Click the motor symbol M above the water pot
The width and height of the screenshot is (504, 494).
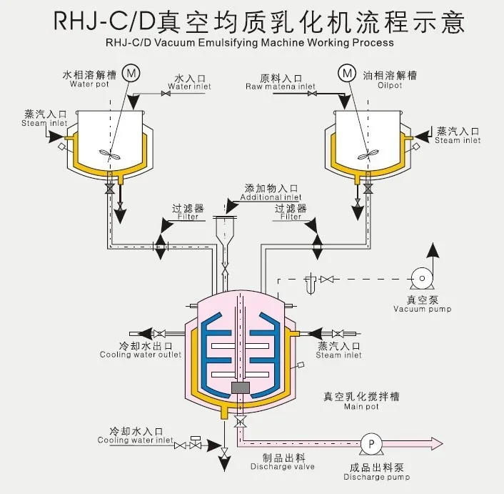tap(131, 72)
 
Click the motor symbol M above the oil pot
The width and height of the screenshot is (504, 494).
tap(348, 72)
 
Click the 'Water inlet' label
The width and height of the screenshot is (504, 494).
tap(190, 87)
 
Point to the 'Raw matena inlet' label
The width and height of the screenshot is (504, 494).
tap(281, 87)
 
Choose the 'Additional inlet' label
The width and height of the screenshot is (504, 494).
tap(271, 197)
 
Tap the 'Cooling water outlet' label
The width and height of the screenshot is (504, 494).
tap(141, 355)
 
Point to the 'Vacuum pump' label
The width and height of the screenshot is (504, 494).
tap(422, 309)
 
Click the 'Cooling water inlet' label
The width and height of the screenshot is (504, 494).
tap(136, 440)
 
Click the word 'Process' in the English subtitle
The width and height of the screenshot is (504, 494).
tap(371, 42)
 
